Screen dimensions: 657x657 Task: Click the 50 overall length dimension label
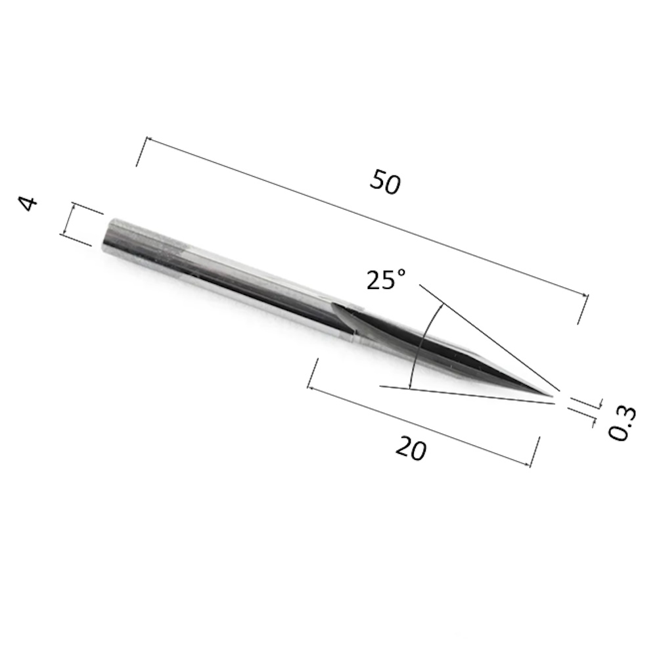(x=385, y=182)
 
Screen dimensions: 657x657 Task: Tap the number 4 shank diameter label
(x=28, y=203)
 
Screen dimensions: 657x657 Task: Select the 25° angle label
(x=386, y=279)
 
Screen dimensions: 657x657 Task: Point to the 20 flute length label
(x=411, y=448)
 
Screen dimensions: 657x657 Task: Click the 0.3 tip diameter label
(x=622, y=422)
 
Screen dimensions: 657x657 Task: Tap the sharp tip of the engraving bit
(x=551, y=396)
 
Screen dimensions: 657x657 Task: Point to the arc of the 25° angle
(x=420, y=346)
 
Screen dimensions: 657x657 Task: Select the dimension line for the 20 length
(x=419, y=426)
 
